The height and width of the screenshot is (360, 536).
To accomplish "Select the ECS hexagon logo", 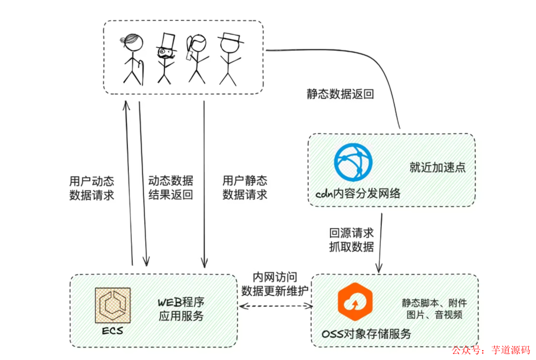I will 113,305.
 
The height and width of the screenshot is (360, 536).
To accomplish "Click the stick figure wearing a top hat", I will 165,58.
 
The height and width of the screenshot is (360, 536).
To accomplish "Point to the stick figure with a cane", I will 133,58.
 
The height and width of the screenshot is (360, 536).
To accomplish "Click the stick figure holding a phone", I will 196,58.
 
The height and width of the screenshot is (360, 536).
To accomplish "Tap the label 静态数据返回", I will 340,94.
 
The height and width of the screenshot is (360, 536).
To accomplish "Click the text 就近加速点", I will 437,167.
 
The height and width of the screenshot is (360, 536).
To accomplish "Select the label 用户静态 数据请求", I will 245,187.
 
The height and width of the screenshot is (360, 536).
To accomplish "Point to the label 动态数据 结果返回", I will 170,187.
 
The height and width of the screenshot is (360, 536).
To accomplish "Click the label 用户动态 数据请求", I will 92,187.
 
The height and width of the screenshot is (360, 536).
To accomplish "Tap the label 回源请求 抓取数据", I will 351,239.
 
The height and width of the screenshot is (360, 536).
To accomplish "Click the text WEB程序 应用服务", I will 181,308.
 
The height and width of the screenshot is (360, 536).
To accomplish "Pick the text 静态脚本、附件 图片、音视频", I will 434,308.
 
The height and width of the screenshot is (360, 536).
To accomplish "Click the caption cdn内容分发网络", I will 358,193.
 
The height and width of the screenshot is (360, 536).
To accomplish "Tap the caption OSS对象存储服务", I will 368,334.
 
